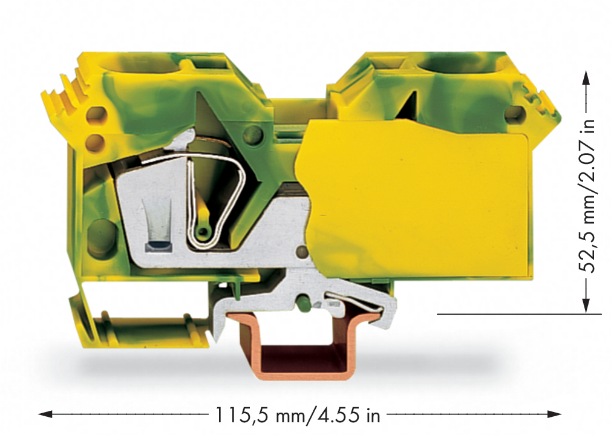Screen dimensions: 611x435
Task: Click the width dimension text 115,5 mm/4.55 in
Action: coord(297,414)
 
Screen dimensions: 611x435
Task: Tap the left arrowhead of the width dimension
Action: coord(45,414)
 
